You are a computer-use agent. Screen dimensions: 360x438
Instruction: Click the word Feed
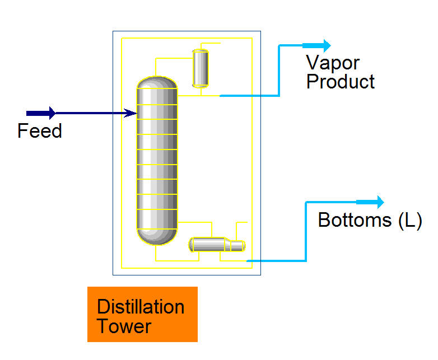(x=39, y=131)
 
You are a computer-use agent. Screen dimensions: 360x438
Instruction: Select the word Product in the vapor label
(x=340, y=82)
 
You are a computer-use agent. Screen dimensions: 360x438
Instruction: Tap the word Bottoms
(x=355, y=220)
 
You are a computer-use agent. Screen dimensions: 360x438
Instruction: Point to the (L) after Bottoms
(x=409, y=220)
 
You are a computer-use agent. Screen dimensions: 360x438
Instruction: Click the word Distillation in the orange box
(x=140, y=307)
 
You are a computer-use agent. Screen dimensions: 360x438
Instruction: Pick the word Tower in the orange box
(x=124, y=326)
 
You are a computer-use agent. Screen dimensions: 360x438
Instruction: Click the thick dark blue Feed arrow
(x=41, y=113)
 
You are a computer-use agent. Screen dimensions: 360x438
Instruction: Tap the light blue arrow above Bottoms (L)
(x=371, y=202)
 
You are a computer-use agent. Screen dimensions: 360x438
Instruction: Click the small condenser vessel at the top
(x=200, y=68)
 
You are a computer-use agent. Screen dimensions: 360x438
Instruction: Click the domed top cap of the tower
(x=157, y=82)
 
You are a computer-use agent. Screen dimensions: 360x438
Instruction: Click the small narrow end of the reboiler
(x=238, y=246)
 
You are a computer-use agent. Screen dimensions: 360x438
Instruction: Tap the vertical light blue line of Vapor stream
(x=279, y=71)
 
